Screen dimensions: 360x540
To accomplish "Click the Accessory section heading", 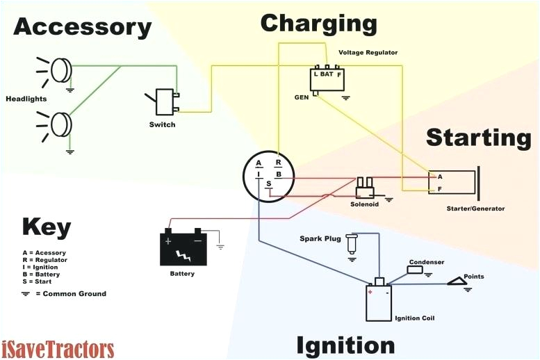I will tap(82, 27).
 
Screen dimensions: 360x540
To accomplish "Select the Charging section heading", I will tap(318, 23).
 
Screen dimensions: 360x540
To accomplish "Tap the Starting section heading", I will tap(478, 137).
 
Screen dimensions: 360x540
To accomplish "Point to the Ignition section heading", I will tap(345, 345).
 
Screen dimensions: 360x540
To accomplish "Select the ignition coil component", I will tap(379, 301).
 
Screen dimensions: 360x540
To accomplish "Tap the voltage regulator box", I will tap(327, 78).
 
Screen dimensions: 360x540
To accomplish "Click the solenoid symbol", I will tap(364, 187).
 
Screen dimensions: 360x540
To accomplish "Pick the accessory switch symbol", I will tap(165, 102).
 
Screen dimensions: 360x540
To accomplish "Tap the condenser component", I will tap(416, 270).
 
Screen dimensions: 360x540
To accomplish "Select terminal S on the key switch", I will tap(269, 183).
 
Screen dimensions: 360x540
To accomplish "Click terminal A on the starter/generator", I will tap(440, 177).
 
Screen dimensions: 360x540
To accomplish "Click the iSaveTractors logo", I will tap(58, 348).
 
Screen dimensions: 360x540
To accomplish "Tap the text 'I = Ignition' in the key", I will tap(40, 267).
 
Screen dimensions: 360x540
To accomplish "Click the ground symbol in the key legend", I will tap(26, 293).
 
